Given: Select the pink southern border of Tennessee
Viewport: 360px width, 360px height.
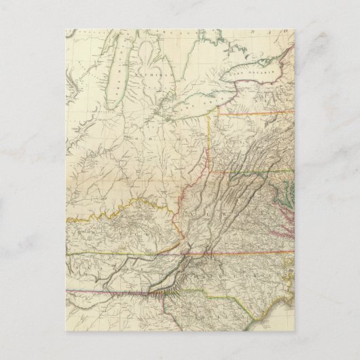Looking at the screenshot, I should [x=109, y=292].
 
